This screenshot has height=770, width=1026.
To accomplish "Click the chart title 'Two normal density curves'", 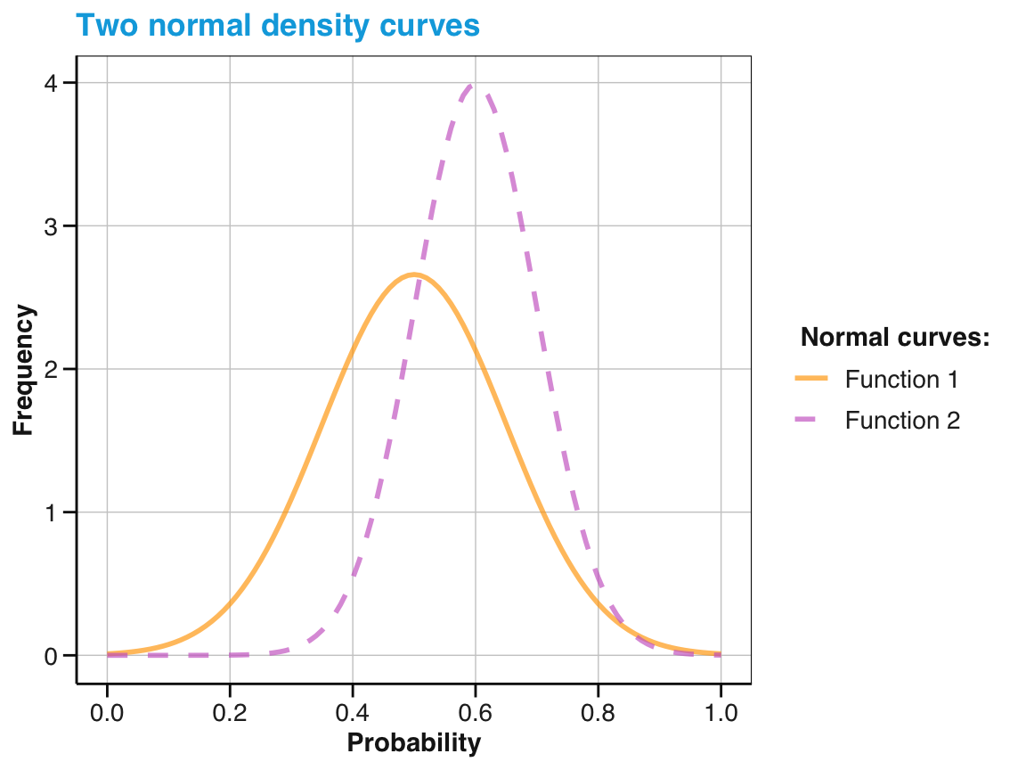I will coord(278,25).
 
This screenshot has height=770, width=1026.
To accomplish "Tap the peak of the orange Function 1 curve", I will coord(414,274).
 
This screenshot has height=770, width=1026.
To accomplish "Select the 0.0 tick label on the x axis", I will coord(107,713).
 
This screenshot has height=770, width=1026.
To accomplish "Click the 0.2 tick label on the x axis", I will coord(230,713).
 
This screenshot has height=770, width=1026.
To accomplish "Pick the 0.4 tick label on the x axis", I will coord(353,713).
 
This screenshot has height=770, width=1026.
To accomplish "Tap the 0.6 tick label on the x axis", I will coord(475,713).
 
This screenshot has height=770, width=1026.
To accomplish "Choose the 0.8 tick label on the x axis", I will coord(598,713).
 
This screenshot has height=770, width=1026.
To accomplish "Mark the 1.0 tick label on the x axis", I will coord(721,713).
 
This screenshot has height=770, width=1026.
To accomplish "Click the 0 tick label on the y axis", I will coord(53,656).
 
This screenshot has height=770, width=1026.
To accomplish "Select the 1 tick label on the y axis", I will coord(53,512).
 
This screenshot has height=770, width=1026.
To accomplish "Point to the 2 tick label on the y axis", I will coord(53,369).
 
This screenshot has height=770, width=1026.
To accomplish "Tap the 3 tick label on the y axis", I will coord(53,226).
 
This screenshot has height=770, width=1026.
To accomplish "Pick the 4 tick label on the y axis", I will coord(53,83).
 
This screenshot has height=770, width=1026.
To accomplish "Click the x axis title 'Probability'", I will coord(413,743).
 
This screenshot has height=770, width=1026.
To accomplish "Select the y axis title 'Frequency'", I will coord(24,370).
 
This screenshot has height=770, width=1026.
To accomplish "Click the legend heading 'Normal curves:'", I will coord(896,338).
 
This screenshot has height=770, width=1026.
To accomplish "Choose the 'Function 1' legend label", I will coord(901,380).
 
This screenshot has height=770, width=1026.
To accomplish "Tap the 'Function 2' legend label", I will coord(902,421).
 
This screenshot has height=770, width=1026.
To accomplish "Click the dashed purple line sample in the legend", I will coord(811,421).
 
